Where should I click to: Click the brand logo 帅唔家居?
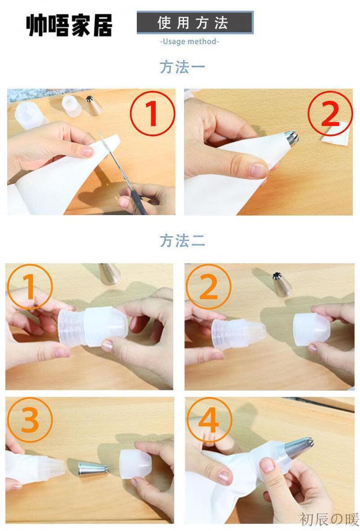pos(69,25)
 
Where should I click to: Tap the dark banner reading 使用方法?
pos(195,23)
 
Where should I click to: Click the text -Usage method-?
pos(189,42)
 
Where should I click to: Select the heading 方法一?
pos(182,67)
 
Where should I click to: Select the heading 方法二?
pos(182,241)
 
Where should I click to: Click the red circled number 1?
pos(153,114)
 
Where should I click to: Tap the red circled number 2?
pos(330,114)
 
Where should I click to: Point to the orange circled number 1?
pos(29,287)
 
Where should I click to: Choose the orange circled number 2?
pos(208,287)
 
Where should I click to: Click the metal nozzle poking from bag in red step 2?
pos(291,138)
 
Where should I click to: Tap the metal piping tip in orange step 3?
pos(93,469)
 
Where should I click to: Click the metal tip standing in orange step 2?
pos(282,284)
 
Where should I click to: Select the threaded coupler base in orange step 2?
pos(239,334)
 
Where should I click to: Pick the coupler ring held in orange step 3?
pos(135,464)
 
